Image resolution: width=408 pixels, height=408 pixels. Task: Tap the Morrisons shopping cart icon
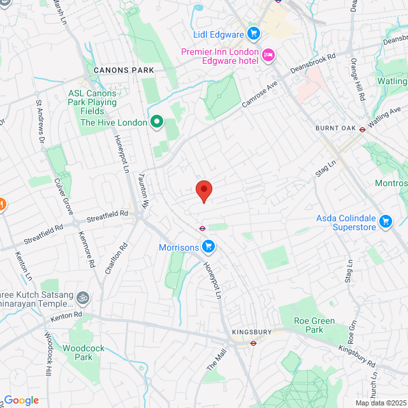(x=208, y=245)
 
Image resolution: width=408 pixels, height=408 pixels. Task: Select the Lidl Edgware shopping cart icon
(x=253, y=33)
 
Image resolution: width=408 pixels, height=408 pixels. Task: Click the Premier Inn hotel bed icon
(x=268, y=56)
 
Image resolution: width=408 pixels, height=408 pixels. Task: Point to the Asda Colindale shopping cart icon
(x=385, y=222)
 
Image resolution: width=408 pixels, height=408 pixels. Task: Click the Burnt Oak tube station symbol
(x=362, y=128)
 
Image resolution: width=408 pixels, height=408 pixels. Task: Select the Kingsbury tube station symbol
(x=252, y=342)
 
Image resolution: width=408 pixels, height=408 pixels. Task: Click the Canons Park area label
(x=124, y=69)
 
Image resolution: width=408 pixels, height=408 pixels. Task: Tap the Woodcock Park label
(x=78, y=353)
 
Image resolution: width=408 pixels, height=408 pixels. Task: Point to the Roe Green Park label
(x=314, y=325)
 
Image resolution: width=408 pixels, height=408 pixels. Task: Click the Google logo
(x=21, y=400)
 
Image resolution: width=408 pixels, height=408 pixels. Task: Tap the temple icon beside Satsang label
(x=82, y=298)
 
